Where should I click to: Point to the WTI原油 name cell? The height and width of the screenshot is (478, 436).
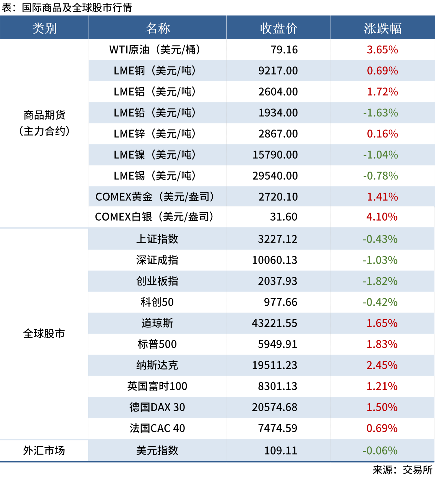[x=155, y=50]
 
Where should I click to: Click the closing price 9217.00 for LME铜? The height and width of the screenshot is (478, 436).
[x=278, y=71]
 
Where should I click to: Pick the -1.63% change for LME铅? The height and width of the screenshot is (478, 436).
[x=381, y=113]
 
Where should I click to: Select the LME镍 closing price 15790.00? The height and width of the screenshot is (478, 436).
[x=275, y=155]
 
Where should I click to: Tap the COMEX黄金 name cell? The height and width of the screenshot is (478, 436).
[x=155, y=197]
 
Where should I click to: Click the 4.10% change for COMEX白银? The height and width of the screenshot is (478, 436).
[x=382, y=217]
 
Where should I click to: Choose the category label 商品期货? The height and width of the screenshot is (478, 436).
[x=44, y=115]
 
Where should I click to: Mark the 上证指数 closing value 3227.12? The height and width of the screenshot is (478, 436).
[x=277, y=239]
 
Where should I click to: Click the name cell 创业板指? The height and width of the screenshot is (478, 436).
[x=157, y=281]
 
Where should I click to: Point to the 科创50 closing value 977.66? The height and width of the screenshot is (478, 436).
[x=281, y=302]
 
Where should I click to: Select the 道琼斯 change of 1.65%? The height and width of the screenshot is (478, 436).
[x=382, y=323]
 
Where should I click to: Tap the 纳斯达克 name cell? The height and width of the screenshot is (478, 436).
[x=157, y=365]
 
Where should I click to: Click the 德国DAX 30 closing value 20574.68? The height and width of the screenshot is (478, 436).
[x=274, y=407]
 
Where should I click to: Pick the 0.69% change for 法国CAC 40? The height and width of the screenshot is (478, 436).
[x=382, y=428]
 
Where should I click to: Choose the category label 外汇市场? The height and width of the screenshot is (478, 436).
[x=44, y=450]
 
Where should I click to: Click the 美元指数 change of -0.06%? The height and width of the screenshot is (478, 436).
[x=380, y=450]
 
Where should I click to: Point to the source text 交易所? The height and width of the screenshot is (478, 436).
[x=417, y=470]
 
